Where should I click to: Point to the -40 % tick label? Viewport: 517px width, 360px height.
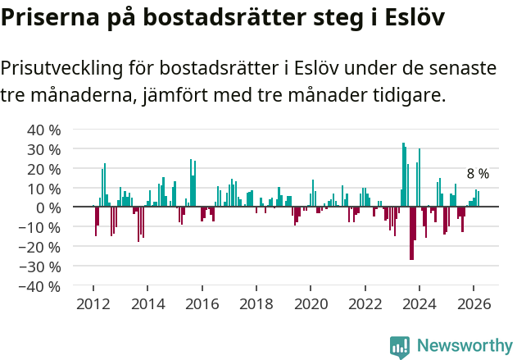pyautogui.click(x=41, y=286)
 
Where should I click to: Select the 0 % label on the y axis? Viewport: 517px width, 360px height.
pyautogui.click(x=48, y=207)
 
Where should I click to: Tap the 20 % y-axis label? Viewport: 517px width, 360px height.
pyautogui.click(x=44, y=169)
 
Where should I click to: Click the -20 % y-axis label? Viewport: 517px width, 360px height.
pyautogui.click(x=41, y=247)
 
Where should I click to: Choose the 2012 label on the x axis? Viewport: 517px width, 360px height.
pyautogui.click(x=93, y=303)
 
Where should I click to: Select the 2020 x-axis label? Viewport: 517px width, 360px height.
pyautogui.click(x=311, y=303)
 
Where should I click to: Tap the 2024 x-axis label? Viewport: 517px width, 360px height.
pyautogui.click(x=419, y=303)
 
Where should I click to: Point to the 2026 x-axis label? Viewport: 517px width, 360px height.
pyautogui.click(x=474, y=303)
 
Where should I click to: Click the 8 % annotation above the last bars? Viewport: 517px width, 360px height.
pyautogui.click(x=478, y=174)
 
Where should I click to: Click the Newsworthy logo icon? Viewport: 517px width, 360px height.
pyautogui.click(x=400, y=346)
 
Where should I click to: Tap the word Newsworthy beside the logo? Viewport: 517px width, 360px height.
pyautogui.click(x=464, y=346)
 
